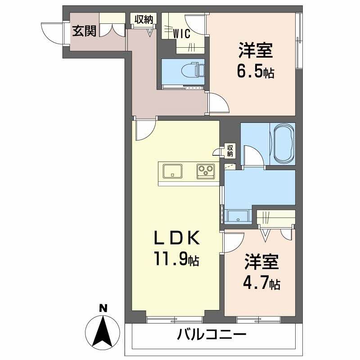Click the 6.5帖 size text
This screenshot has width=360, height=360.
[255, 72]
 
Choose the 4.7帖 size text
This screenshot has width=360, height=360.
[262, 283]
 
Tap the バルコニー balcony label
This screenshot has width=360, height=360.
[211, 335]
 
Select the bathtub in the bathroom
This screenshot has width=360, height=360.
[282, 144]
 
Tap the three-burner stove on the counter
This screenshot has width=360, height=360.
[207, 171]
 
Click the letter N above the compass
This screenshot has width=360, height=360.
[103, 308]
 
